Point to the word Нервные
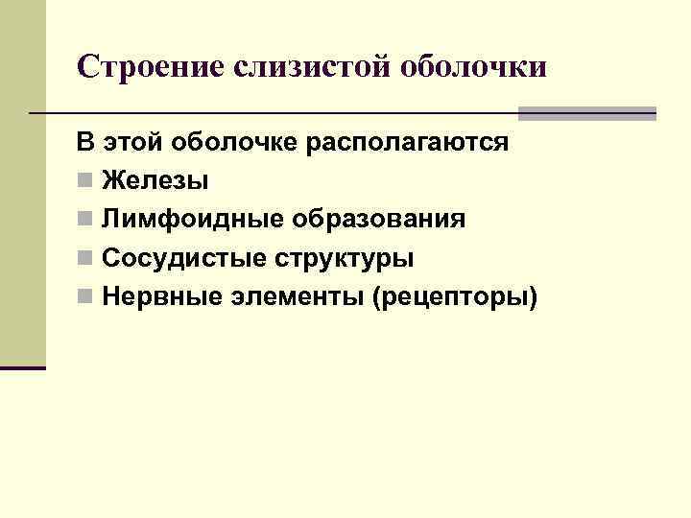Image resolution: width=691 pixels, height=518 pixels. pyautogui.click(x=163, y=297)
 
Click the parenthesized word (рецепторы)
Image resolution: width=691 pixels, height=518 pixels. pyautogui.click(x=460, y=298)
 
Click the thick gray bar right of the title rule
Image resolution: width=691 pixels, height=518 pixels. pyautogui.click(x=587, y=113)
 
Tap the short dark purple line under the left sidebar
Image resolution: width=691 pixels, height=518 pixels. pyautogui.click(x=23, y=367)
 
